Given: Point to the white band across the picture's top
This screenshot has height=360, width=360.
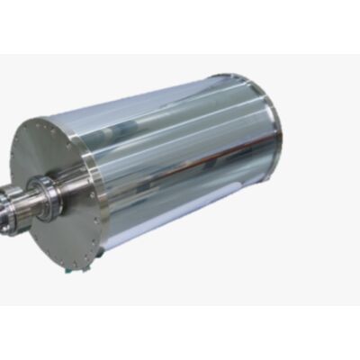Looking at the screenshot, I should pos(180,27).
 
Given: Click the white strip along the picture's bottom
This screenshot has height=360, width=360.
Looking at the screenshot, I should pos(180,333).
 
